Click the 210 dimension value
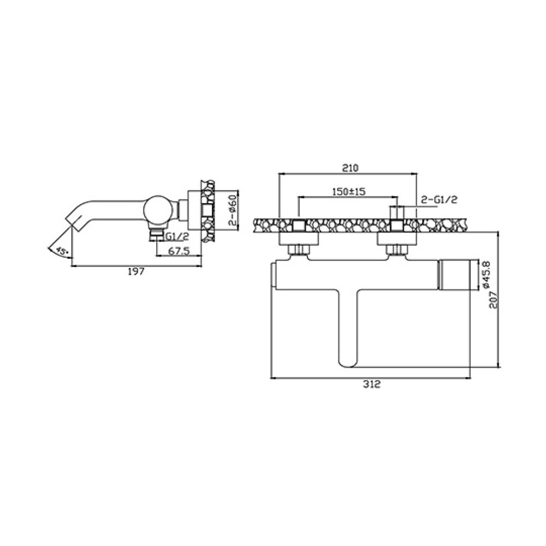(351, 168)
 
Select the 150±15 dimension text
(348, 192)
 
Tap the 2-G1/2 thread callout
(439, 199)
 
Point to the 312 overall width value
(371, 384)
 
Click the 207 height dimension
(494, 299)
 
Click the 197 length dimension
(136, 271)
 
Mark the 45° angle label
(62, 251)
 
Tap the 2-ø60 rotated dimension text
(233, 210)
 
